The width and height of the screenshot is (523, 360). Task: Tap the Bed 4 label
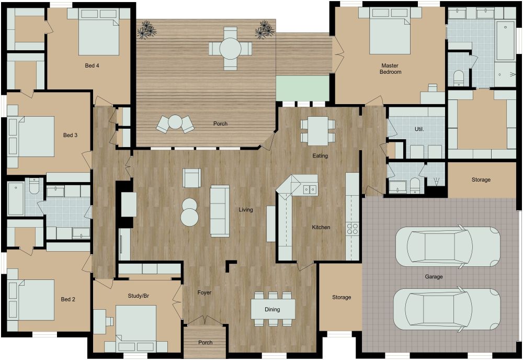[92, 66]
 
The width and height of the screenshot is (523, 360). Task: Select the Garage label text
[434, 277]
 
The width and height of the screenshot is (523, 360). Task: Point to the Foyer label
[204, 292]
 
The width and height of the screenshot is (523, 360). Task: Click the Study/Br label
[138, 296]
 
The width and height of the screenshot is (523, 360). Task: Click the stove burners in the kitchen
[353, 228]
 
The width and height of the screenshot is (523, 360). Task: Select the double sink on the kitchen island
[310, 189]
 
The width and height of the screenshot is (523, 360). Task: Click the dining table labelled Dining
[272, 309]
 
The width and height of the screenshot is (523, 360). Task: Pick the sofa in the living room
[220, 210]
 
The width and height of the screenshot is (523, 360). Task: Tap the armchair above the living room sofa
[191, 178]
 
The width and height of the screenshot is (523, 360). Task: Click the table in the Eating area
[317, 131]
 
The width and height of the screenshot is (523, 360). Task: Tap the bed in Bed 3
[32, 136]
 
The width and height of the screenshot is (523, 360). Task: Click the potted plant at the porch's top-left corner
[145, 30]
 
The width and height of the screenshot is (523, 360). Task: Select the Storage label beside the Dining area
[342, 297]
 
